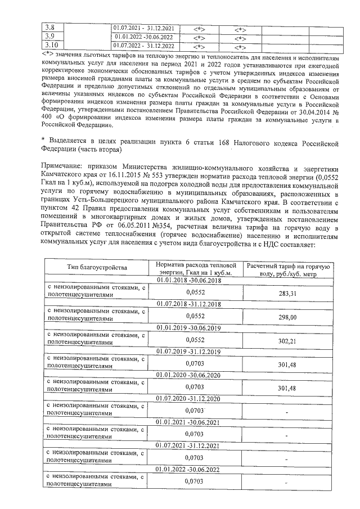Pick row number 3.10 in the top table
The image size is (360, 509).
coord(51,45)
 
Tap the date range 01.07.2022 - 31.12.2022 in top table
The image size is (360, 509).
coord(143,45)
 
